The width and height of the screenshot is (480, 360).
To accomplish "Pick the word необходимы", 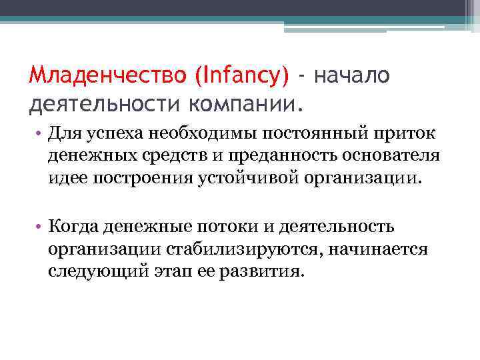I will (x=188, y=135).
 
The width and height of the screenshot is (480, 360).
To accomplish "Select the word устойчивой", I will (x=246, y=179).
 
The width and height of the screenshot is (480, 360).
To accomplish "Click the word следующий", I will (x=93, y=271).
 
